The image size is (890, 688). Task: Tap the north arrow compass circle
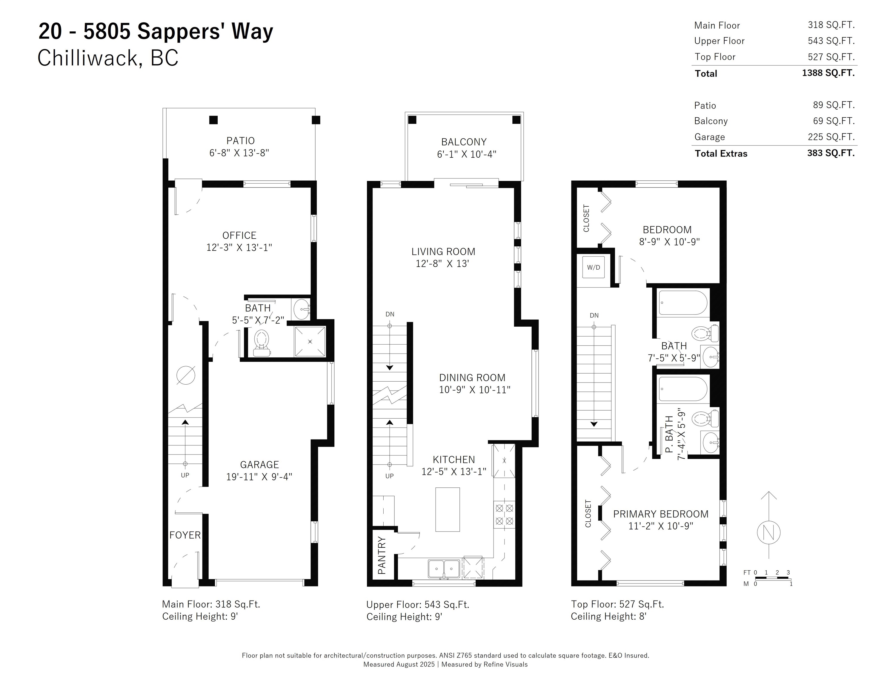(x=768, y=532)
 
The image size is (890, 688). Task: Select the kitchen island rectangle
(x=448, y=509)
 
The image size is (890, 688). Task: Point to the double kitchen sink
(x=444, y=569)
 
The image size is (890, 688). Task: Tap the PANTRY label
(x=382, y=555)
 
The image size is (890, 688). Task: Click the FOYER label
(x=185, y=535)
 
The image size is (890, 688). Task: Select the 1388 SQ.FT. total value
(x=828, y=73)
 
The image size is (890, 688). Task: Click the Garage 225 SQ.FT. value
(x=831, y=137)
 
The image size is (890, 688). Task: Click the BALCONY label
(x=464, y=142)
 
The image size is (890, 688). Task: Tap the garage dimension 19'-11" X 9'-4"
(x=259, y=477)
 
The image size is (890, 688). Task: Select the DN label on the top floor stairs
(x=594, y=315)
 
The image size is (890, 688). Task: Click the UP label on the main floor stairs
(x=185, y=475)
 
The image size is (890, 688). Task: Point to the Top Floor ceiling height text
(x=608, y=616)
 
